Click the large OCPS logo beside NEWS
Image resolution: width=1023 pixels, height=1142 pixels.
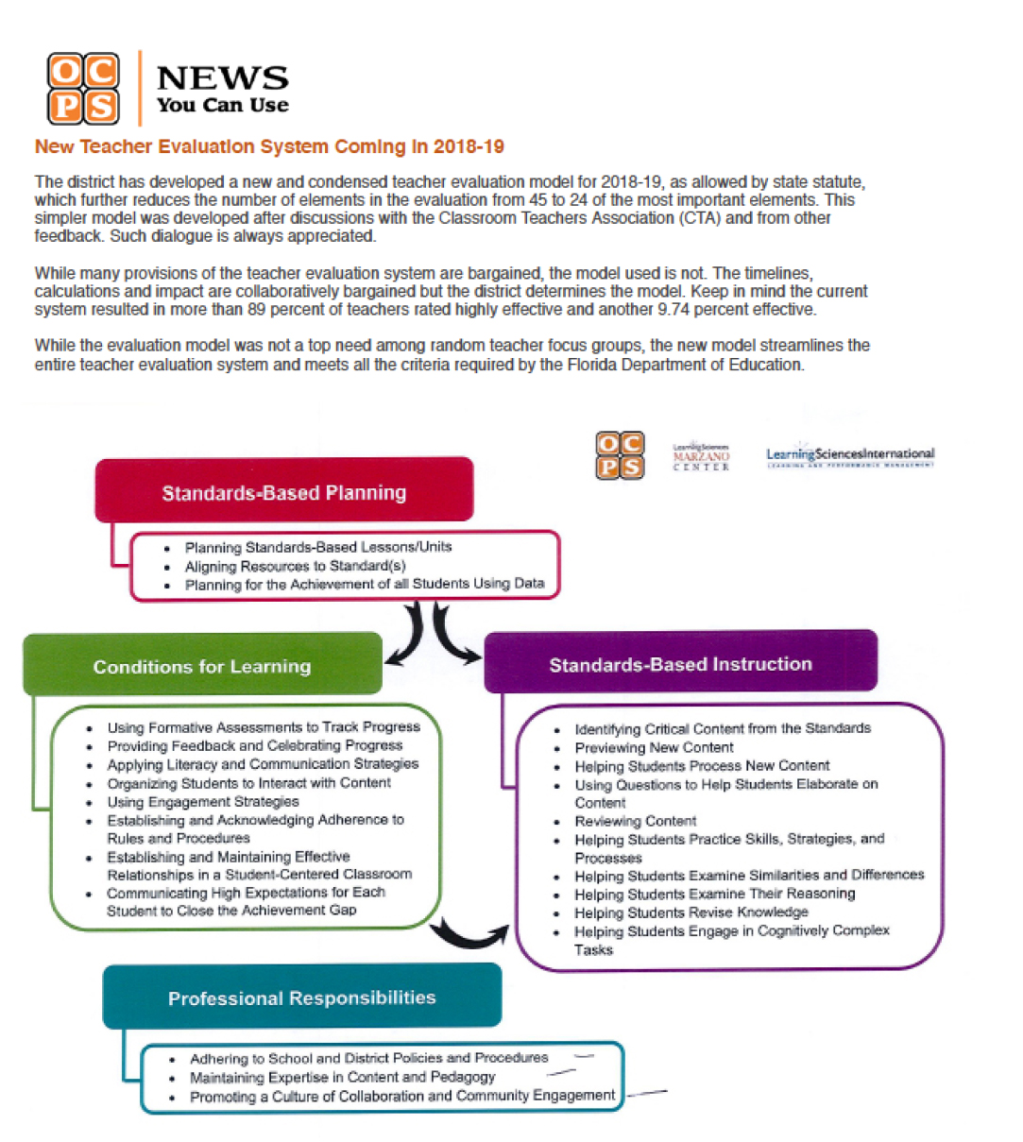[83, 89]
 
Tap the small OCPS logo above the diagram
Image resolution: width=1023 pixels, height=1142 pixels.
[620, 454]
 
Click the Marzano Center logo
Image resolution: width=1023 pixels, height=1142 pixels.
[701, 456]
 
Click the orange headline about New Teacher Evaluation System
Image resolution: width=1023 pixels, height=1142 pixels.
[269, 146]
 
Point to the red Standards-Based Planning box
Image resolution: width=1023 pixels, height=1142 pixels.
[283, 492]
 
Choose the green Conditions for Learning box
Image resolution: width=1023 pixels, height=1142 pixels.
[201, 666]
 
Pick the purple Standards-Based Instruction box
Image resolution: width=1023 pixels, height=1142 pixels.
[680, 664]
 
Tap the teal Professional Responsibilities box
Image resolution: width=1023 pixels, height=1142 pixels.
[301, 997]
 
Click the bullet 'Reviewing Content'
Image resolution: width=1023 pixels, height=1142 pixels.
[635, 821]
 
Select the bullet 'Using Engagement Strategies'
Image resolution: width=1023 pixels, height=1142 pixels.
[202, 801]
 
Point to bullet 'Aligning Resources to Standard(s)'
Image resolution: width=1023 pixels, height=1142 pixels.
[295, 566]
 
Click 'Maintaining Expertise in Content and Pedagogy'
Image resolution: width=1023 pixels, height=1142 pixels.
[342, 1077]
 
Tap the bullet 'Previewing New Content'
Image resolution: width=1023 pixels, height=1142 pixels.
[654, 747]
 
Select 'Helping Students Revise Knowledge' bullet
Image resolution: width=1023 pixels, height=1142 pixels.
[691, 912]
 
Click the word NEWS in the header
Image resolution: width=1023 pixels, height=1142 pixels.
[222, 77]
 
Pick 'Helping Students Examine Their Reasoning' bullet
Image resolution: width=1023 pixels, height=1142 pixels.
[714, 894]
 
